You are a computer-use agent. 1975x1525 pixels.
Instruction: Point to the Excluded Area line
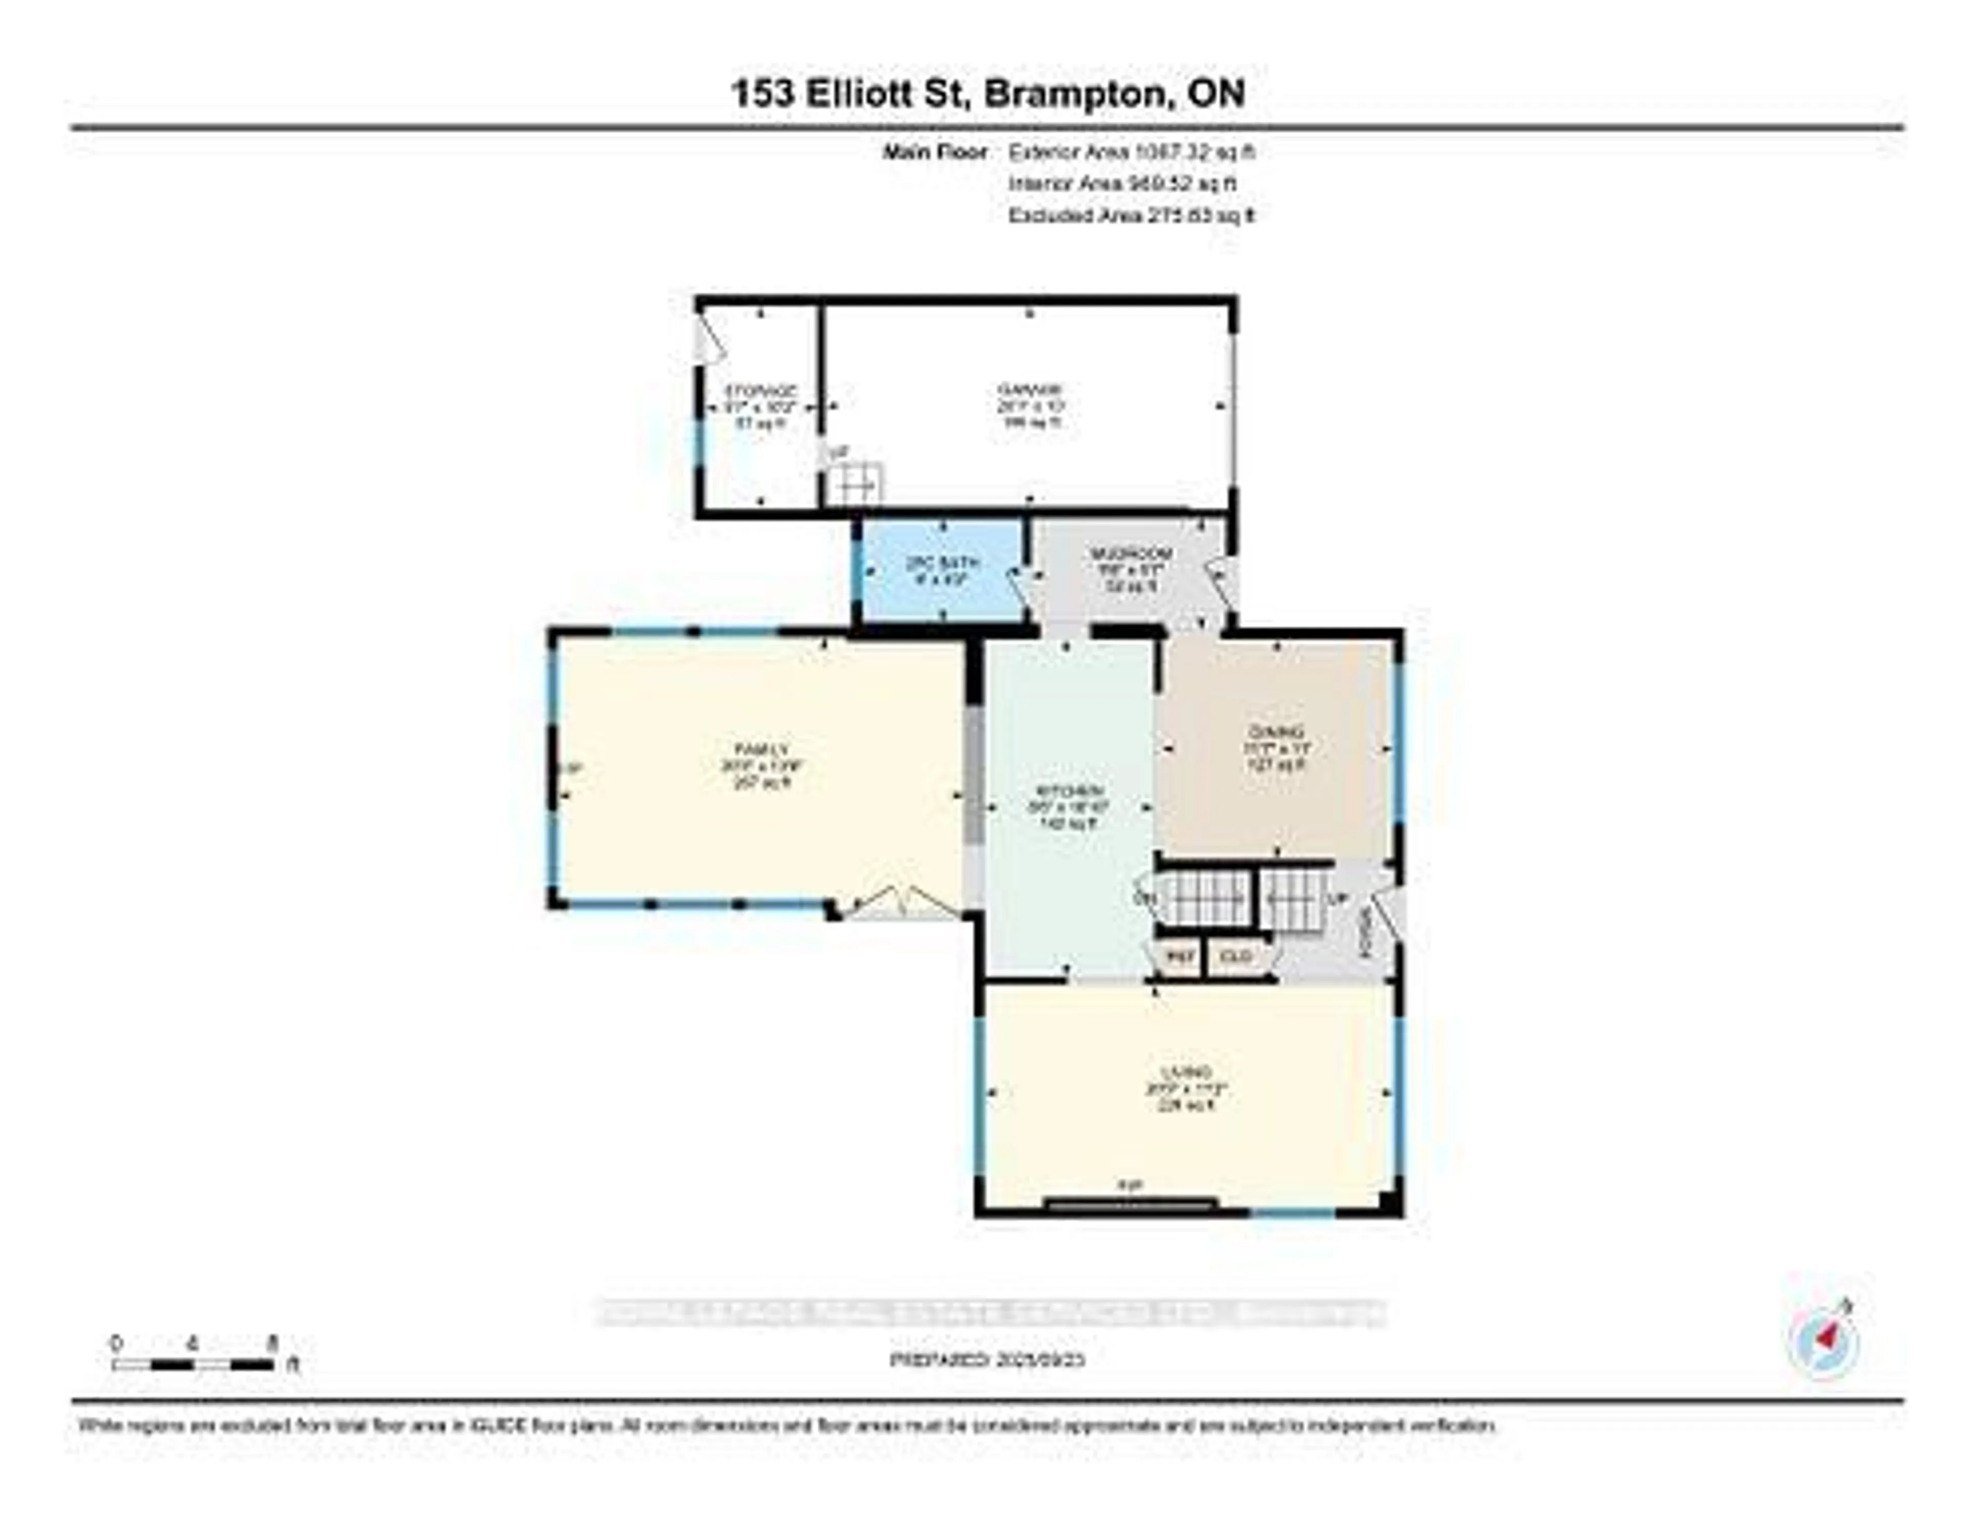tap(1130, 216)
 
